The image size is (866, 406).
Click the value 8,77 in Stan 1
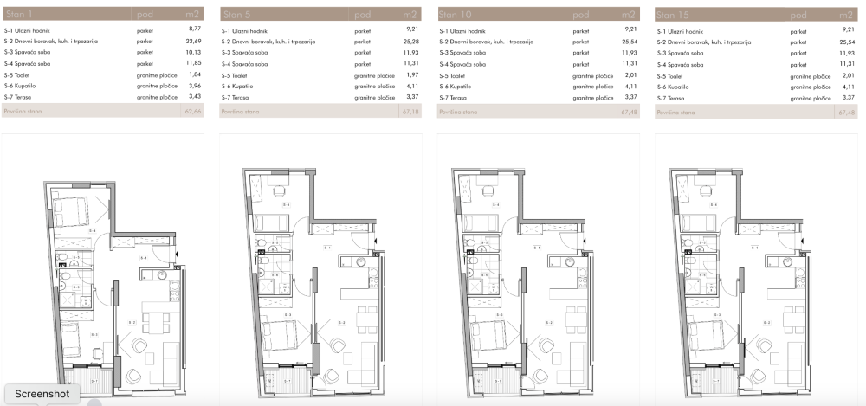tap(194, 30)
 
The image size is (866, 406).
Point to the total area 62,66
tap(192, 113)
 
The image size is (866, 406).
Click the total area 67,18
tap(410, 113)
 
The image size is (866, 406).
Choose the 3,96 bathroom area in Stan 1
tap(194, 87)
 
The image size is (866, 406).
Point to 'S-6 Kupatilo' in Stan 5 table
tap(239, 87)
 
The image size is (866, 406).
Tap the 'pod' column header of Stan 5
tap(362, 15)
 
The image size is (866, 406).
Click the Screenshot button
tap(41, 393)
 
